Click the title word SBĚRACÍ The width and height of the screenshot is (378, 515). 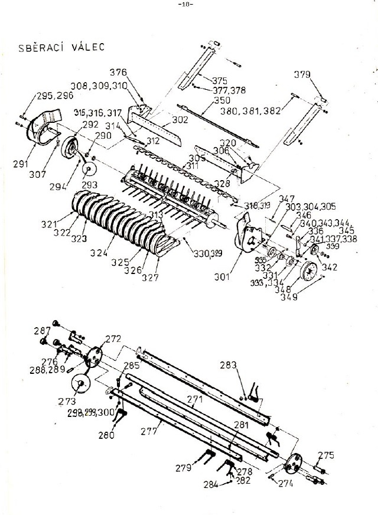(37, 48)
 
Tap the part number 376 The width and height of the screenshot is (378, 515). (118, 73)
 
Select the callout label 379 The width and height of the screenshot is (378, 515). (302, 74)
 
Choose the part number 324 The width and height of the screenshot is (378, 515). (100, 253)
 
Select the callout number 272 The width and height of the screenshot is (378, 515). (112, 339)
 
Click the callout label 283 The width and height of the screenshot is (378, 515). (229, 364)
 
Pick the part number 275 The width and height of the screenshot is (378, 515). (326, 455)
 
